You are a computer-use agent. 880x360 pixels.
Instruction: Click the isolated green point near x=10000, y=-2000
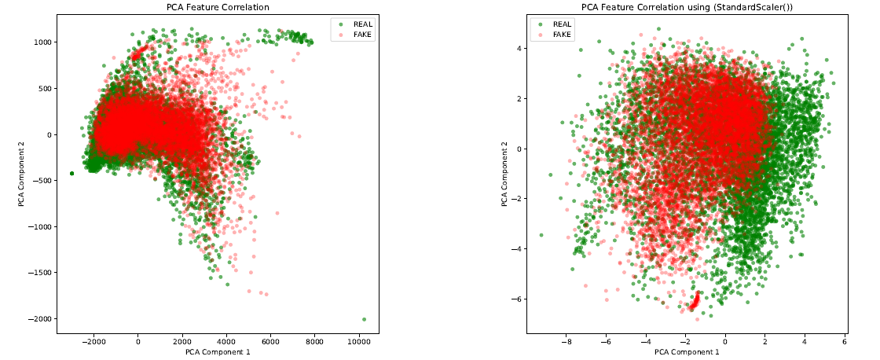coord(365,319)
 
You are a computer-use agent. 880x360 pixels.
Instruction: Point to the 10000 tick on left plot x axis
coord(359,342)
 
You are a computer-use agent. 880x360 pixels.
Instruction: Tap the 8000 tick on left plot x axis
coord(315,342)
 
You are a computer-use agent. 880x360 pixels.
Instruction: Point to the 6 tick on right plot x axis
coord(845,342)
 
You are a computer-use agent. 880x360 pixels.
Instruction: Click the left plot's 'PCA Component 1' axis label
coord(218,352)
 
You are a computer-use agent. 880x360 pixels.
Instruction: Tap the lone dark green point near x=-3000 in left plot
coord(71,173)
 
